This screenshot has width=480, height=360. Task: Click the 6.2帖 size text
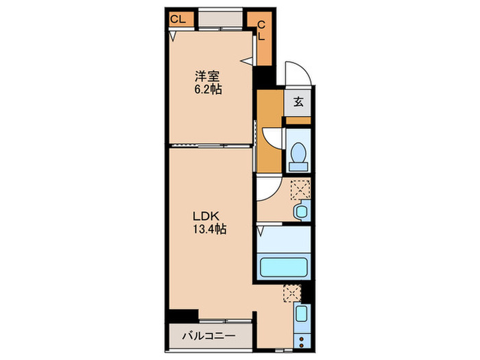click(x=206, y=90)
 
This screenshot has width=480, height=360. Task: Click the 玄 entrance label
click(x=299, y=103)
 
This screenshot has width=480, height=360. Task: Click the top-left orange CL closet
click(x=178, y=20)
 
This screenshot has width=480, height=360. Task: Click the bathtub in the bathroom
click(x=284, y=267)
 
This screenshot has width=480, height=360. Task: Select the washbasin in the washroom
click(x=300, y=211)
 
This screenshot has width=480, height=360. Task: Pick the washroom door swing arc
click(x=267, y=189)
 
